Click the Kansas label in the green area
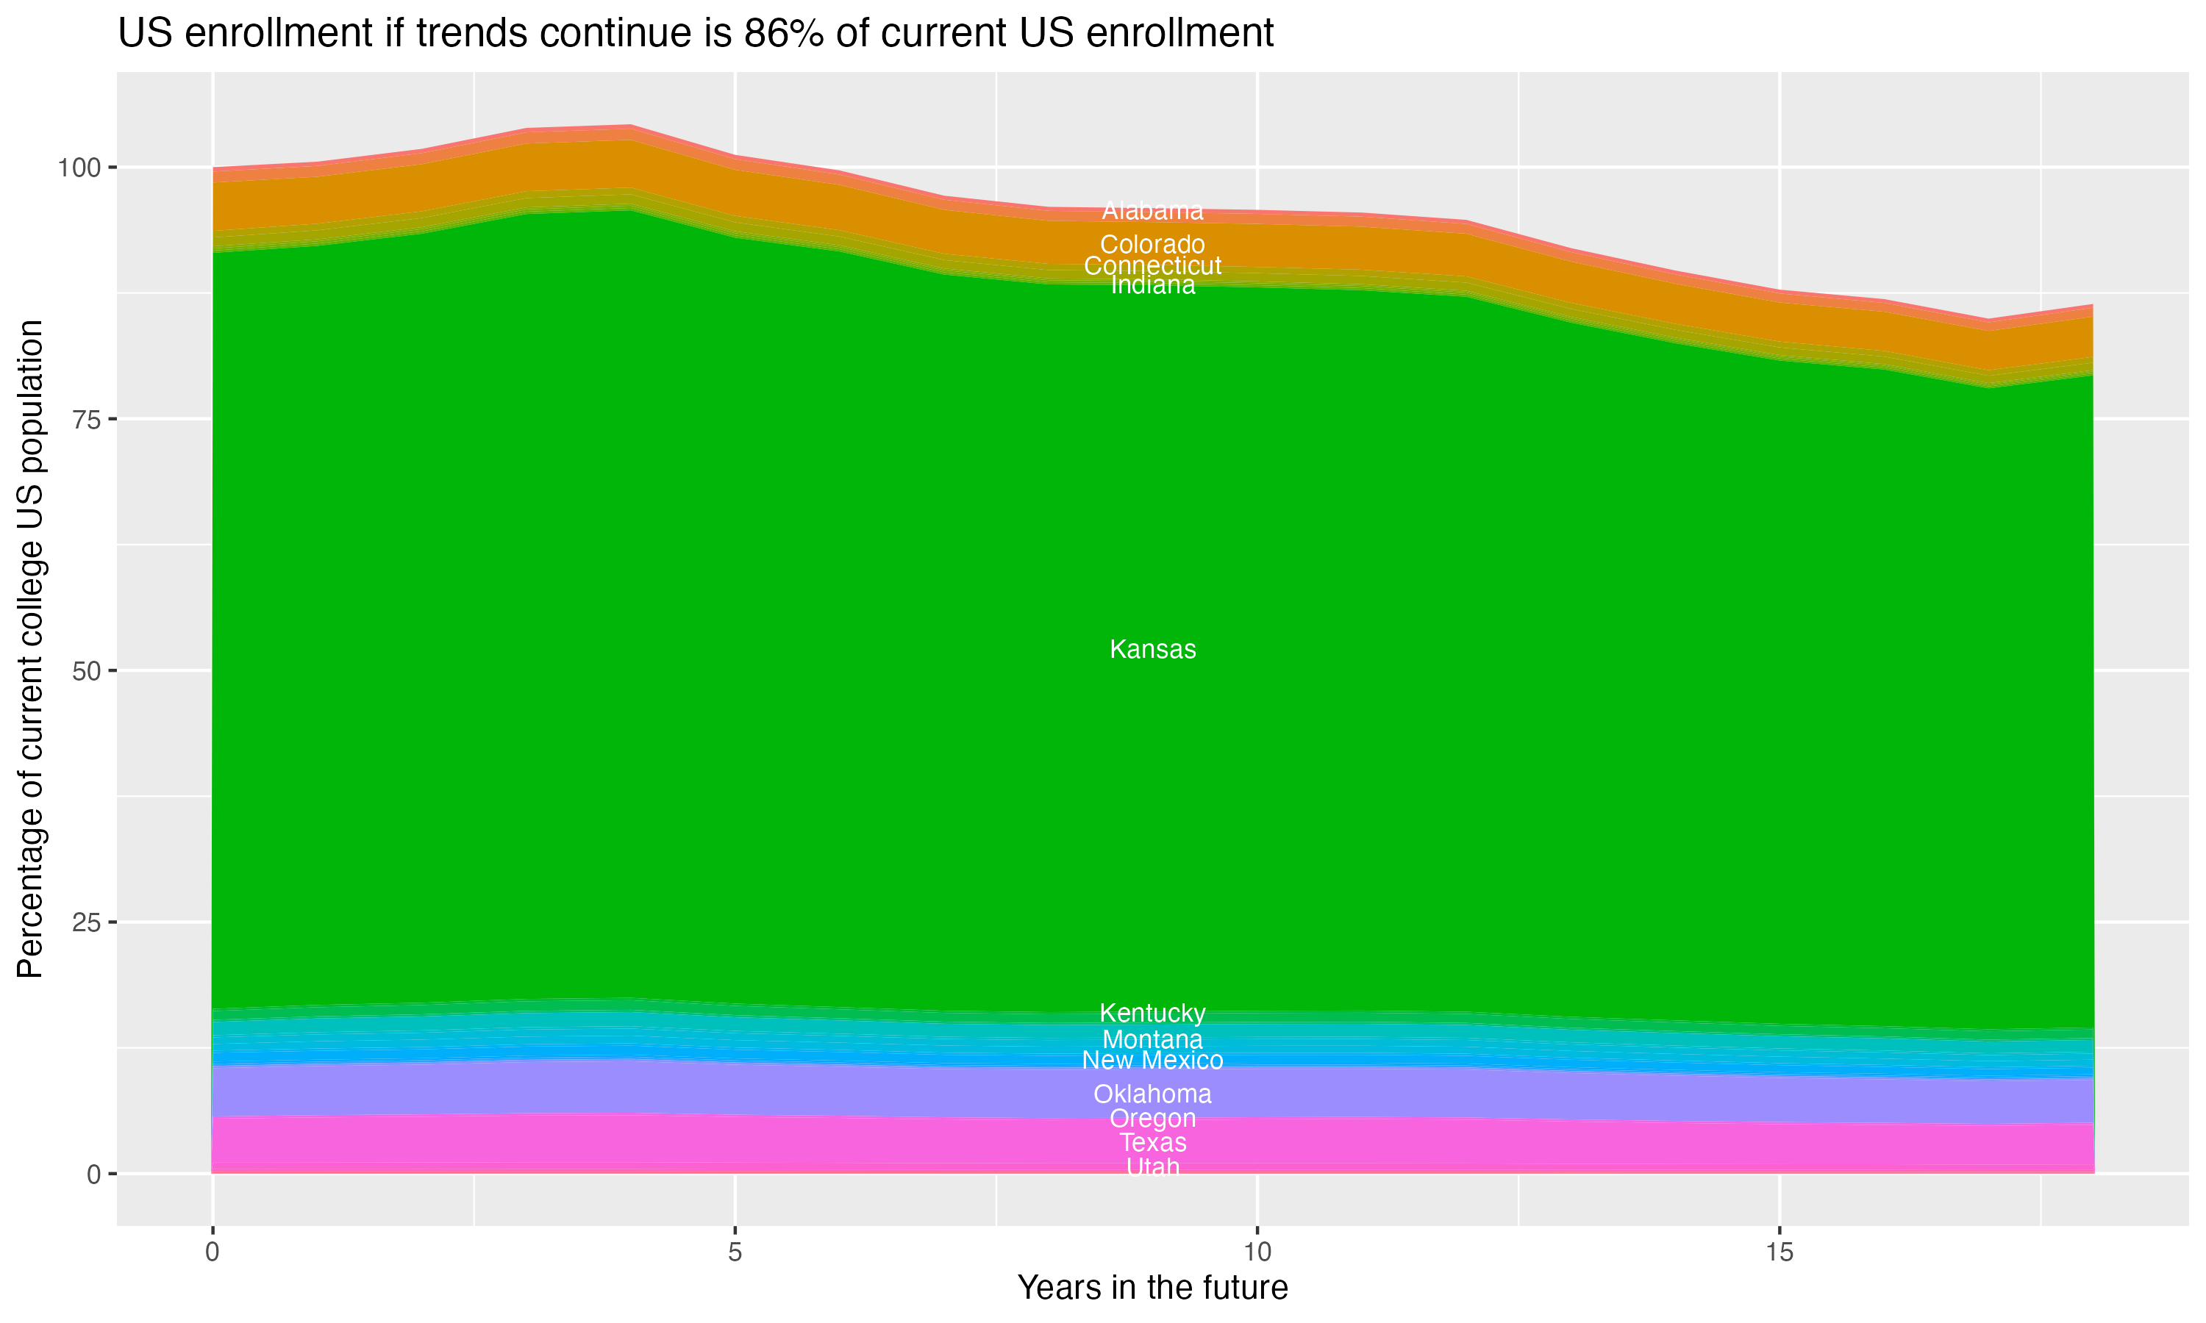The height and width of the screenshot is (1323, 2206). coord(1152,649)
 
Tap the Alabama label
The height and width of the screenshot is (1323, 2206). coord(1152,211)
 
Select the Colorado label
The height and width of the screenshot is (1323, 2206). coord(1152,244)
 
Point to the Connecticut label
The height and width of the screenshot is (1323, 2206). coord(1152,265)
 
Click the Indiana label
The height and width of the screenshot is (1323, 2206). coord(1152,285)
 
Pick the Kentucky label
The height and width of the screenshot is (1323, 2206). coord(1152,1013)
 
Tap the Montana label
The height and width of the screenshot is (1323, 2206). coord(1152,1039)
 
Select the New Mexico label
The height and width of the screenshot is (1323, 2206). coord(1152,1060)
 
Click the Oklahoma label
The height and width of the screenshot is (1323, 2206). coord(1152,1094)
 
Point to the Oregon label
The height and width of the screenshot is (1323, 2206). coord(1152,1118)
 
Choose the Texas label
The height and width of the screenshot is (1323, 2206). coord(1152,1142)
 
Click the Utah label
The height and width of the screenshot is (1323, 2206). coord(1152,1166)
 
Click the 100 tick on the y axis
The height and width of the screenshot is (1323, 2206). coord(76,167)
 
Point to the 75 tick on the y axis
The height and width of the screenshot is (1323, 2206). coord(85,419)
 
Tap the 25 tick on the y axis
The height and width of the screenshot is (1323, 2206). coord(85,922)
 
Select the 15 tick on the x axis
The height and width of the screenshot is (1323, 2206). coord(1779,1252)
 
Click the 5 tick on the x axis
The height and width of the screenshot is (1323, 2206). coord(735,1252)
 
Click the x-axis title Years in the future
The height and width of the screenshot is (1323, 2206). coord(1152,1288)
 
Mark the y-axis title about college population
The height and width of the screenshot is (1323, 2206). coord(30,649)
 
